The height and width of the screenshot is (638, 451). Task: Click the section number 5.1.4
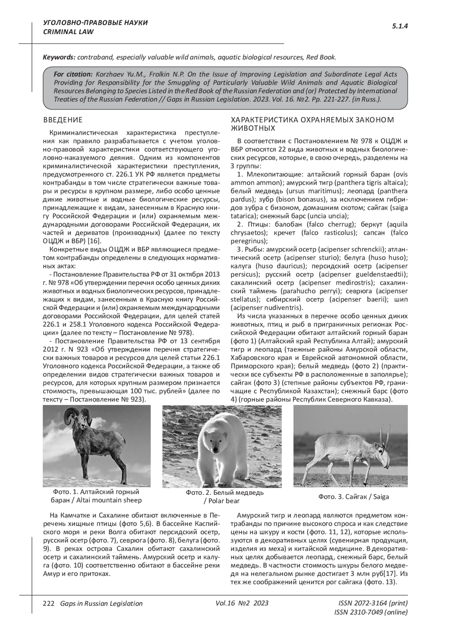click(x=400, y=26)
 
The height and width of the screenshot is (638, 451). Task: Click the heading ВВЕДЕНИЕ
click(x=63, y=120)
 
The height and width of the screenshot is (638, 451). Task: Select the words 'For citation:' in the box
click(x=73, y=74)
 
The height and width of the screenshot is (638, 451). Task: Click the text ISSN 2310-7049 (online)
click(x=371, y=612)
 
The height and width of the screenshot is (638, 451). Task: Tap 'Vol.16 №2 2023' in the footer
click(x=242, y=603)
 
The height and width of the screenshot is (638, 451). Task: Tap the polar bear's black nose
click(x=215, y=449)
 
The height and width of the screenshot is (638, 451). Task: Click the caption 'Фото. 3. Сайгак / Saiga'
click(x=354, y=497)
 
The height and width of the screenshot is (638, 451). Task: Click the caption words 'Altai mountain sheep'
click(x=109, y=500)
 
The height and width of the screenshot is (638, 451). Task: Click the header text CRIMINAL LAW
click(x=68, y=32)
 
